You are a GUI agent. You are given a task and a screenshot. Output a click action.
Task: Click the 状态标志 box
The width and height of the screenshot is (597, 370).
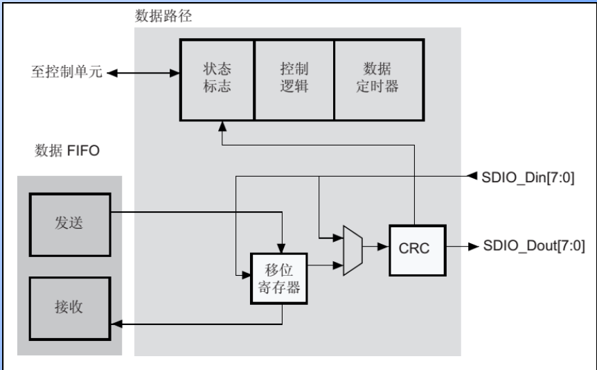tap(217, 78)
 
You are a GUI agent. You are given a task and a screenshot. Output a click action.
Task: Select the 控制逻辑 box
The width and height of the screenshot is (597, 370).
tap(294, 78)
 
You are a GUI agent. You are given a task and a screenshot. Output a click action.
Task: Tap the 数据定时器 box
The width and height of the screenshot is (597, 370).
tap(377, 78)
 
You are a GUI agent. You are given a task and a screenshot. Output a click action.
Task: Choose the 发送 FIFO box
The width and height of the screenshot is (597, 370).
tap(70, 223)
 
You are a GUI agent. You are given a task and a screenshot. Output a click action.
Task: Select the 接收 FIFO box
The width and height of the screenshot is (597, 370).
tap(70, 307)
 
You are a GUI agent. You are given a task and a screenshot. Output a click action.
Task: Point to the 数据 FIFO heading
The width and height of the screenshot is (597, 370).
tap(67, 150)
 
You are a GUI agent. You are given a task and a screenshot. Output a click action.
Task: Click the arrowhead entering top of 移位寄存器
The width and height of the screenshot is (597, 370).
tap(282, 247)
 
